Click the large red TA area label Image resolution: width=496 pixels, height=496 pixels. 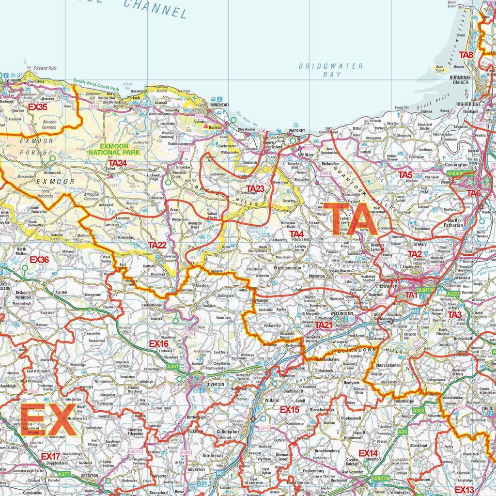(x=350, y=219)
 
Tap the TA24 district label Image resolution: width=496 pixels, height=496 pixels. (x=118, y=163)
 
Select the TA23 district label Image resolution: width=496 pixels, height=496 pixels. (x=255, y=188)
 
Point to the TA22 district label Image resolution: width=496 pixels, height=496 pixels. (x=157, y=245)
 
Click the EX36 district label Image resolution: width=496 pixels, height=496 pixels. (x=39, y=260)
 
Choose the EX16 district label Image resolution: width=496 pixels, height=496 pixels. (x=158, y=343)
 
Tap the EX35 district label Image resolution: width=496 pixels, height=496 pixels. (x=38, y=107)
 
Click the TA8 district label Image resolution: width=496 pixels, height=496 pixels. (x=466, y=55)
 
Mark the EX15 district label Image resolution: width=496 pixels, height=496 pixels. (x=290, y=410)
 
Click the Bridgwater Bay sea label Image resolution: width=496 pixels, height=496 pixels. (x=331, y=70)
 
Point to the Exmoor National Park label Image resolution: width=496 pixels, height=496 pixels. (x=114, y=149)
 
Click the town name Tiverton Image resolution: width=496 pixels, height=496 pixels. (x=216, y=384)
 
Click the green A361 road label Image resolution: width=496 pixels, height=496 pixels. (x=172, y=367)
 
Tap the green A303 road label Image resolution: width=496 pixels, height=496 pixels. (x=418, y=411)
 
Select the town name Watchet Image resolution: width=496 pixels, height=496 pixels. (x=297, y=131)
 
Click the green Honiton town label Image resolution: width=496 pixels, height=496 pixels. (x=380, y=478)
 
